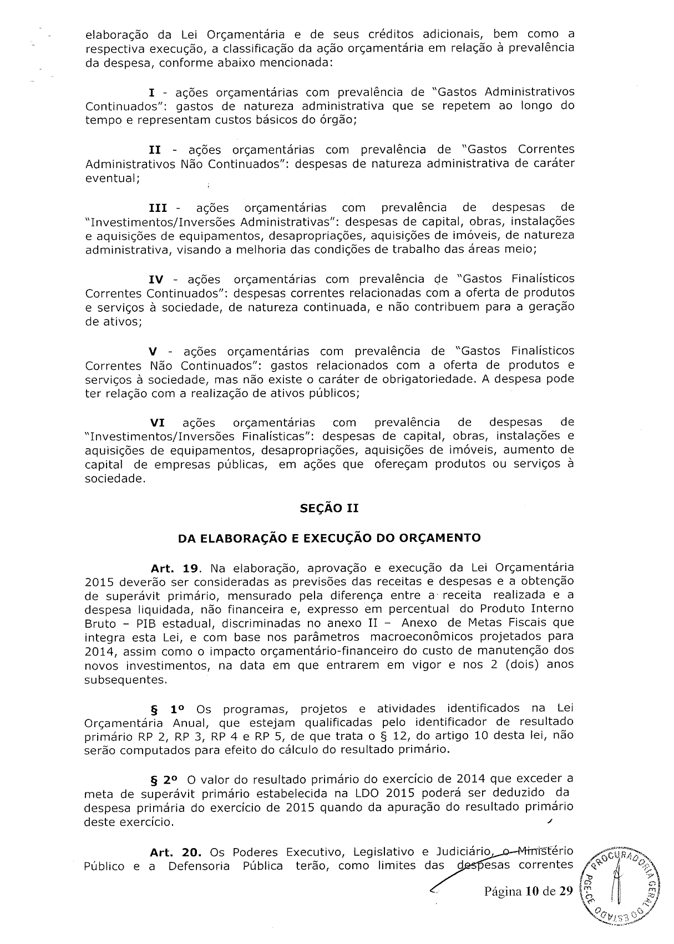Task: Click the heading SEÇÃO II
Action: (330, 508)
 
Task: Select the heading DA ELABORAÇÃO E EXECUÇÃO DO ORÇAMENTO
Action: (329, 537)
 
